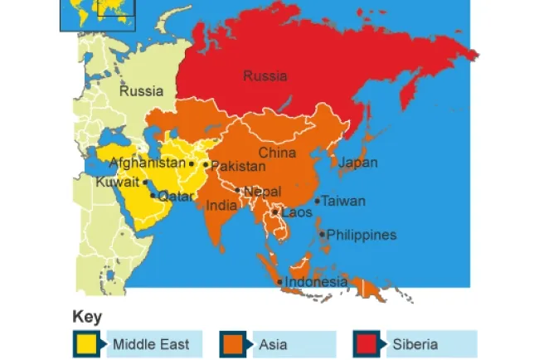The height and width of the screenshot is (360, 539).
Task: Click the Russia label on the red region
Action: click(265, 76)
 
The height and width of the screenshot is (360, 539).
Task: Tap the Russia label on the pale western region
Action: click(141, 91)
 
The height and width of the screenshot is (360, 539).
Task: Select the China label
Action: click(277, 153)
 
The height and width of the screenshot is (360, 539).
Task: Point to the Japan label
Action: click(358, 163)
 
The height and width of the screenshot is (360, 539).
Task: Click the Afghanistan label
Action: click(148, 163)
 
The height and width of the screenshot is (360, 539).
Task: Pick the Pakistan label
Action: click(238, 166)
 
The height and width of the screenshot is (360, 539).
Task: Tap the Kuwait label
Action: click(117, 182)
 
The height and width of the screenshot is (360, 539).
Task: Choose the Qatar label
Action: click(175, 197)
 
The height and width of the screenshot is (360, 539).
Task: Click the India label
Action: click(221, 205)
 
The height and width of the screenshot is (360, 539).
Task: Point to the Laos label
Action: click(296, 212)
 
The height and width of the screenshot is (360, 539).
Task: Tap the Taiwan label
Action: click(343, 201)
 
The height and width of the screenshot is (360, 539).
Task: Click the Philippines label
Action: click(362, 235)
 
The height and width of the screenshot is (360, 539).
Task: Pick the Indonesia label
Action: click(316, 282)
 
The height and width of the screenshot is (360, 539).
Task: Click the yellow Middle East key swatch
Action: click(86, 343)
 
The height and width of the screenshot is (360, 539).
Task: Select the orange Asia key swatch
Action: click(232, 343)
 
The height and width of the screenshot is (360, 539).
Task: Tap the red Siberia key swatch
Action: click(365, 343)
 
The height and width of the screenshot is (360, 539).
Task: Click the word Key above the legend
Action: click(87, 317)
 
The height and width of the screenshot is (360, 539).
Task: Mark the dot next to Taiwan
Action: click(317, 201)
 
